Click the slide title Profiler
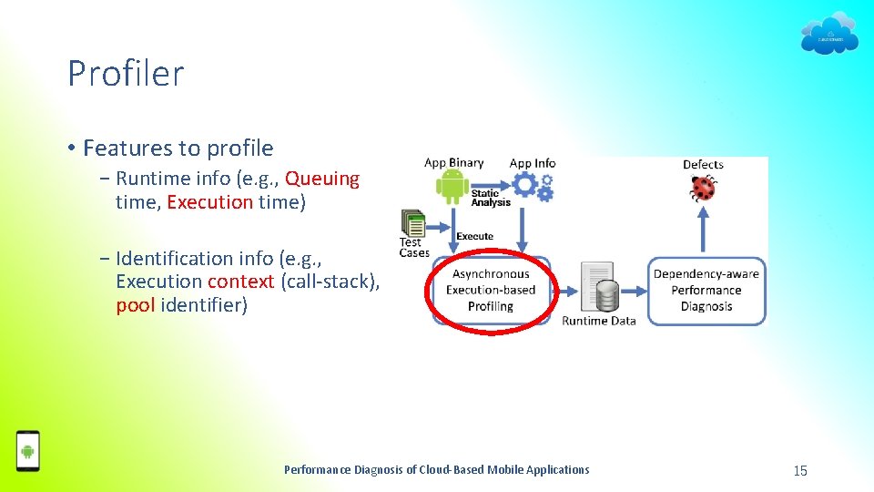pyautogui.click(x=126, y=74)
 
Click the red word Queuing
pyautogui.click(x=322, y=179)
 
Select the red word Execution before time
pyautogui.click(x=209, y=202)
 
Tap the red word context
pyautogui.click(x=240, y=282)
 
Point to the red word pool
pyautogui.click(x=136, y=305)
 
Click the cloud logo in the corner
pyautogui.click(x=828, y=35)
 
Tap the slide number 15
pyautogui.click(x=800, y=470)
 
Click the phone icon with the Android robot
pyautogui.click(x=28, y=450)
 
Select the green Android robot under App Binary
pyautogui.click(x=452, y=187)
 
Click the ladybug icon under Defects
pyautogui.click(x=702, y=188)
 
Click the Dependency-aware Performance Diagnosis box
pyautogui.click(x=706, y=290)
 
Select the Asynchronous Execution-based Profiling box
pyautogui.click(x=491, y=290)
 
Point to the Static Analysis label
pyautogui.click(x=491, y=197)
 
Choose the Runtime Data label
pyautogui.click(x=598, y=321)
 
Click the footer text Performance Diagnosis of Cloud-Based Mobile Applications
pyautogui.click(x=436, y=470)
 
